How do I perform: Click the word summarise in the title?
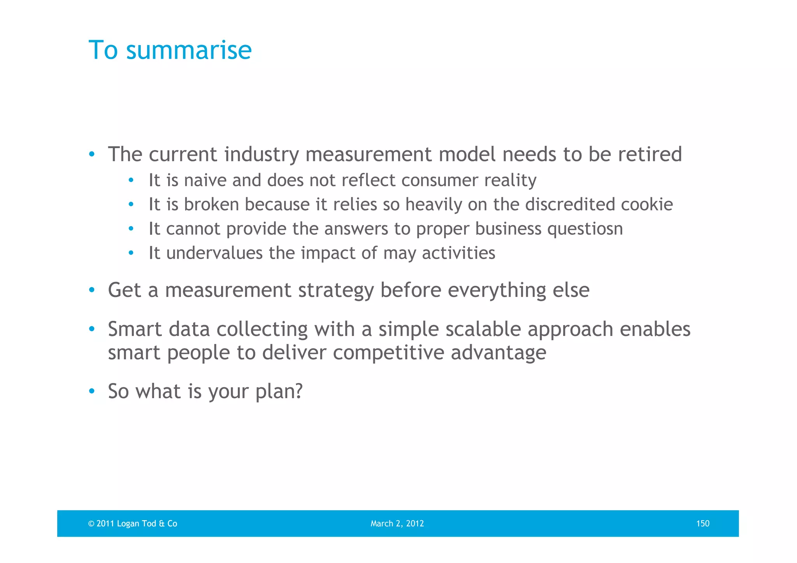coord(189,51)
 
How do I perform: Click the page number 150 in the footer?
coord(702,523)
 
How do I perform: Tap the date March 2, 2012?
coord(397,523)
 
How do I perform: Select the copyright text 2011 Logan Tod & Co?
coord(133,523)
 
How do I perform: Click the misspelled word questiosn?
coord(585,229)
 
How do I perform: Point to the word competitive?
coord(388,353)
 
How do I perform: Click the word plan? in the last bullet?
coord(279,392)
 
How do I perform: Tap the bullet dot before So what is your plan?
coord(91,391)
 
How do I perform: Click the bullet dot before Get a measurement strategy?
coord(91,290)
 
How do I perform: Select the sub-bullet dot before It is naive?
coord(131,180)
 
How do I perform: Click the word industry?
coord(262,154)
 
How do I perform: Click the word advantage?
coord(499,353)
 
